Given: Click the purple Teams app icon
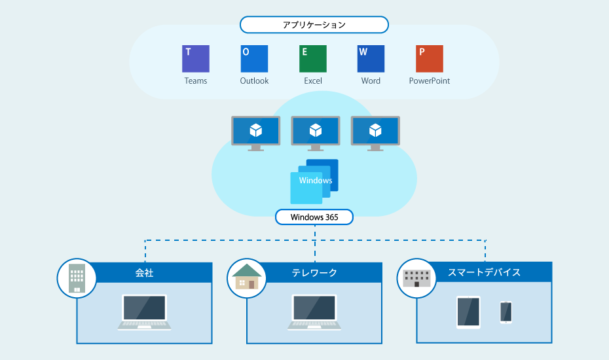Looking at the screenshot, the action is [196, 59].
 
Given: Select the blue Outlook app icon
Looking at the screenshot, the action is [254, 59].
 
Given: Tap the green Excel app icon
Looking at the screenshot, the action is [313, 59].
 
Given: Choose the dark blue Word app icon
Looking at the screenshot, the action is [371, 59].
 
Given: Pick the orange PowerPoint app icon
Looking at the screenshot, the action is [430, 59].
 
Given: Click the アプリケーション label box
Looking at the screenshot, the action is [314, 25].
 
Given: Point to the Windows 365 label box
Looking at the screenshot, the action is [314, 217].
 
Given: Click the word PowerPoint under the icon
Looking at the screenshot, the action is [430, 81].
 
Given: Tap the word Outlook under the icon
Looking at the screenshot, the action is [254, 81].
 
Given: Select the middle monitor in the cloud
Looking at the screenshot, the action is [316, 134].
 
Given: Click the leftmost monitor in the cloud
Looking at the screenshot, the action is [256, 134].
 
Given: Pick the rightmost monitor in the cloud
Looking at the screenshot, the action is [376, 134].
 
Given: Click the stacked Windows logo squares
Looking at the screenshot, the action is [314, 181].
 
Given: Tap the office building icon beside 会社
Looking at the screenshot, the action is [77, 278].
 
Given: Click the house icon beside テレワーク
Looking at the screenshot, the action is [247, 276].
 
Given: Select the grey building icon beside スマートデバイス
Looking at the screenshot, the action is [416, 278].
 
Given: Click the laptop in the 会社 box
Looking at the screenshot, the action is [145, 313].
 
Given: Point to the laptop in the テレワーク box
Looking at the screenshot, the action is [314, 313].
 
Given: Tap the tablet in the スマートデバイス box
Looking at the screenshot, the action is [468, 313].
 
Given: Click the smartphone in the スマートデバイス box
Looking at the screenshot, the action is [506, 312].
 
